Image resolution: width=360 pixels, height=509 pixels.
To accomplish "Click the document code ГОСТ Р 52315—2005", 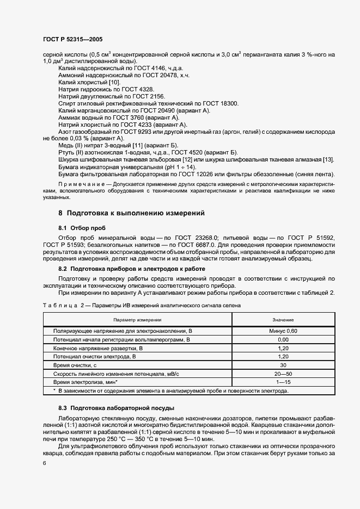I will [x=72, y=40].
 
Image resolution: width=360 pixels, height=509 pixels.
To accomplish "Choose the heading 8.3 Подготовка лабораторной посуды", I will [x=116, y=407].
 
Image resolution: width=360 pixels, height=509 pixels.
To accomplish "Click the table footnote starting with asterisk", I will [x=170, y=390].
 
